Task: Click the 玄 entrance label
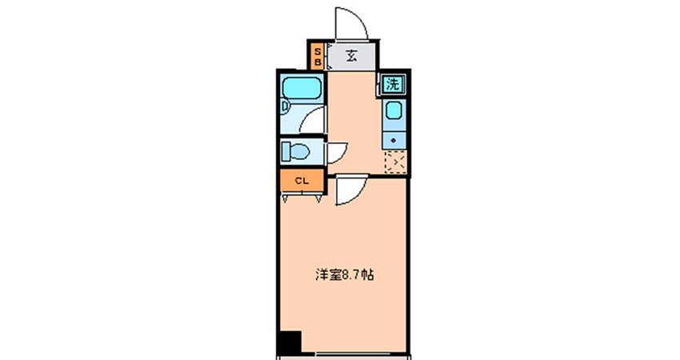(351, 56)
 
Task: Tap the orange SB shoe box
(318, 56)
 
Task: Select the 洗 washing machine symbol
(393, 84)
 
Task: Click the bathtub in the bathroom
(302, 88)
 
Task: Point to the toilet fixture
(295, 152)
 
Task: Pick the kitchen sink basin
(394, 110)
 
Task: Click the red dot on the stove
(394, 141)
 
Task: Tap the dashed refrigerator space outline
(395, 162)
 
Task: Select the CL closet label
(302, 181)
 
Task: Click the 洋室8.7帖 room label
(344, 275)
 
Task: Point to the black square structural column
(290, 342)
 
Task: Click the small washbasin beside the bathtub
(285, 106)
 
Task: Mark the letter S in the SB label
(318, 52)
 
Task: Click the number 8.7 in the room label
(352, 275)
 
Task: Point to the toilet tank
(286, 152)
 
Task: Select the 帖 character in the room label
(368, 275)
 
